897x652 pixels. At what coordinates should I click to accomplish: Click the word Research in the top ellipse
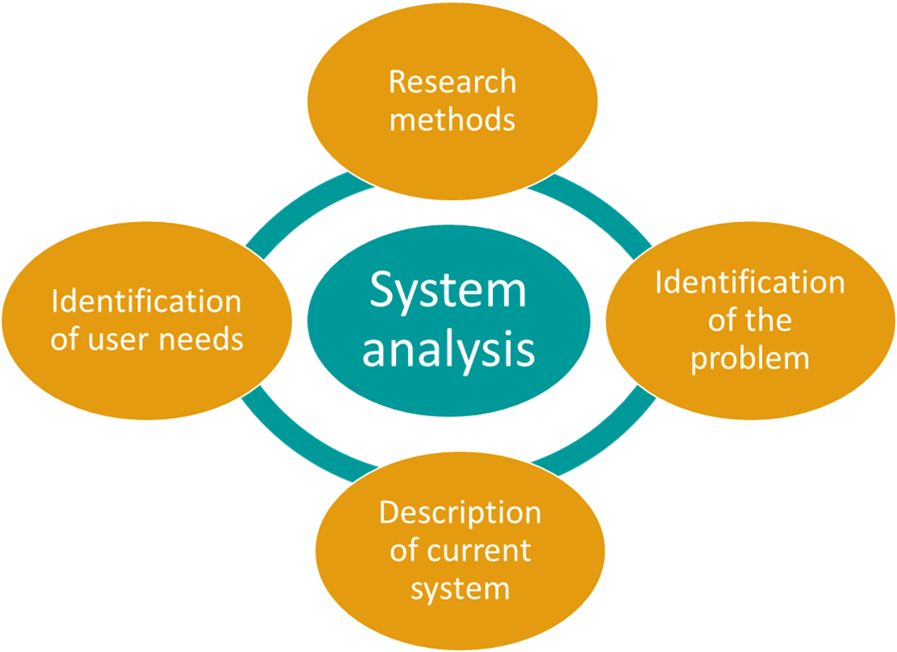click(452, 82)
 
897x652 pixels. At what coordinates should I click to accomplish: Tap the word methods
click(452, 120)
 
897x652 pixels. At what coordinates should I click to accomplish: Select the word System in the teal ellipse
click(448, 290)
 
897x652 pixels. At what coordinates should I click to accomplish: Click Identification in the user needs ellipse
click(146, 302)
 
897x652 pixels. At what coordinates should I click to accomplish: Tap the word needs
click(206, 339)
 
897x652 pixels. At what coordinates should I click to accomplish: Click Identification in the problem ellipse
click(750, 282)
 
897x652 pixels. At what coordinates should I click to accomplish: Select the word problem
click(750, 358)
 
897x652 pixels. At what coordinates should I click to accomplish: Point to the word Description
click(459, 513)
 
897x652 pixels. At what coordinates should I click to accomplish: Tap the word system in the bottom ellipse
click(459, 588)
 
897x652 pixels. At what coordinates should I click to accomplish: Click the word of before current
click(404, 550)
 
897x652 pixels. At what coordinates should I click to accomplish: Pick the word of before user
click(64, 339)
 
